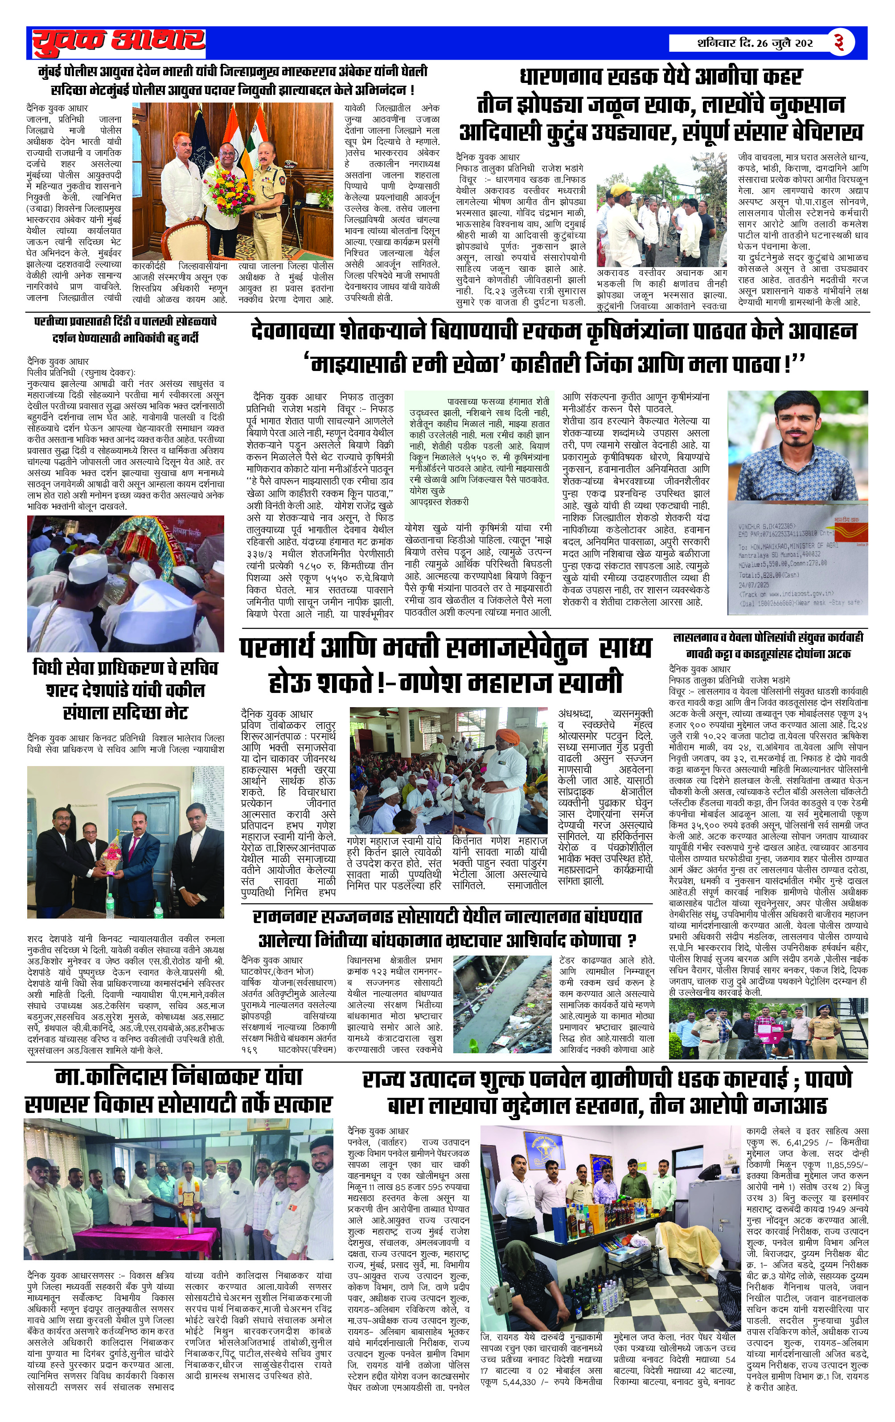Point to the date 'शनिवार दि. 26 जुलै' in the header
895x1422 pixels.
(x=738, y=44)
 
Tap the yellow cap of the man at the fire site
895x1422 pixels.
(x=619, y=189)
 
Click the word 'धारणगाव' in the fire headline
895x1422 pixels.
(x=567, y=78)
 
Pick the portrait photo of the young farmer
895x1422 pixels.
(x=796, y=443)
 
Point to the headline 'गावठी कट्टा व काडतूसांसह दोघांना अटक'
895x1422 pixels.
(x=768, y=654)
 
